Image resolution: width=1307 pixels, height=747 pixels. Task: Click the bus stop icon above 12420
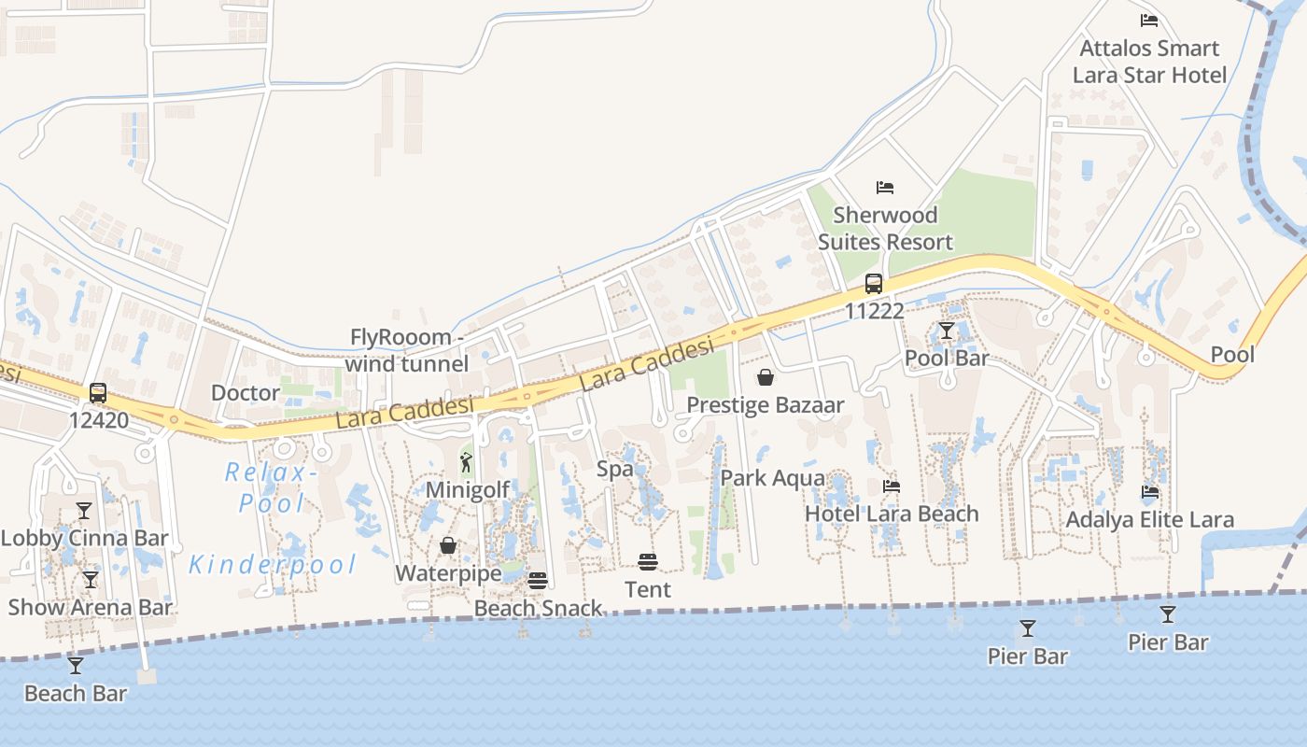tap(98, 393)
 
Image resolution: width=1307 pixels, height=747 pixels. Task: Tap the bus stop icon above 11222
tap(874, 284)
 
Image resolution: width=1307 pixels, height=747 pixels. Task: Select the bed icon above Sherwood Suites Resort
tap(885, 188)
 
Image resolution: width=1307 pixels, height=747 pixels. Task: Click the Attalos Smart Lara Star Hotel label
tap(1149, 62)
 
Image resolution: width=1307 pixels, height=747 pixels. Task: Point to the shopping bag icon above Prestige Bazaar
tap(766, 377)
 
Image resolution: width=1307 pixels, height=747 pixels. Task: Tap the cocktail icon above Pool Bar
tap(947, 331)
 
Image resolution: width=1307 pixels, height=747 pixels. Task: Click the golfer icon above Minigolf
tap(467, 462)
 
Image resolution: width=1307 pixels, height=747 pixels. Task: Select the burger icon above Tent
tap(648, 561)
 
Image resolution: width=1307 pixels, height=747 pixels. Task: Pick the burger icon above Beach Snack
tap(537, 581)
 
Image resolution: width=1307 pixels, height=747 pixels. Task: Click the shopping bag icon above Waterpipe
tap(449, 545)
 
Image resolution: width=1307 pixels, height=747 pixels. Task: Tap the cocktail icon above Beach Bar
tap(76, 666)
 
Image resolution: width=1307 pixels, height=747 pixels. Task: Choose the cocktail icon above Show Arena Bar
tap(90, 580)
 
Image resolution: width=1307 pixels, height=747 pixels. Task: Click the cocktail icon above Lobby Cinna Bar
tap(84, 511)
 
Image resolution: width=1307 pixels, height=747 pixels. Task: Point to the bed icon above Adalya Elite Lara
tap(1149, 492)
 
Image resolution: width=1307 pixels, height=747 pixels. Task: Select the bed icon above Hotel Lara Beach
tap(892, 486)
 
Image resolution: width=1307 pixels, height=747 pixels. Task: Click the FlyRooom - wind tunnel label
tap(407, 350)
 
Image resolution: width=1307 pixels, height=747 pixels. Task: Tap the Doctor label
tap(246, 392)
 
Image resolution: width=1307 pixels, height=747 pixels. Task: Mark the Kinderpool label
tap(274, 564)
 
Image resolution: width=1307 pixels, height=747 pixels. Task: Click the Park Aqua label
tap(773, 478)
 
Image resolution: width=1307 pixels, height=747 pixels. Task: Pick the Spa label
tap(615, 469)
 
